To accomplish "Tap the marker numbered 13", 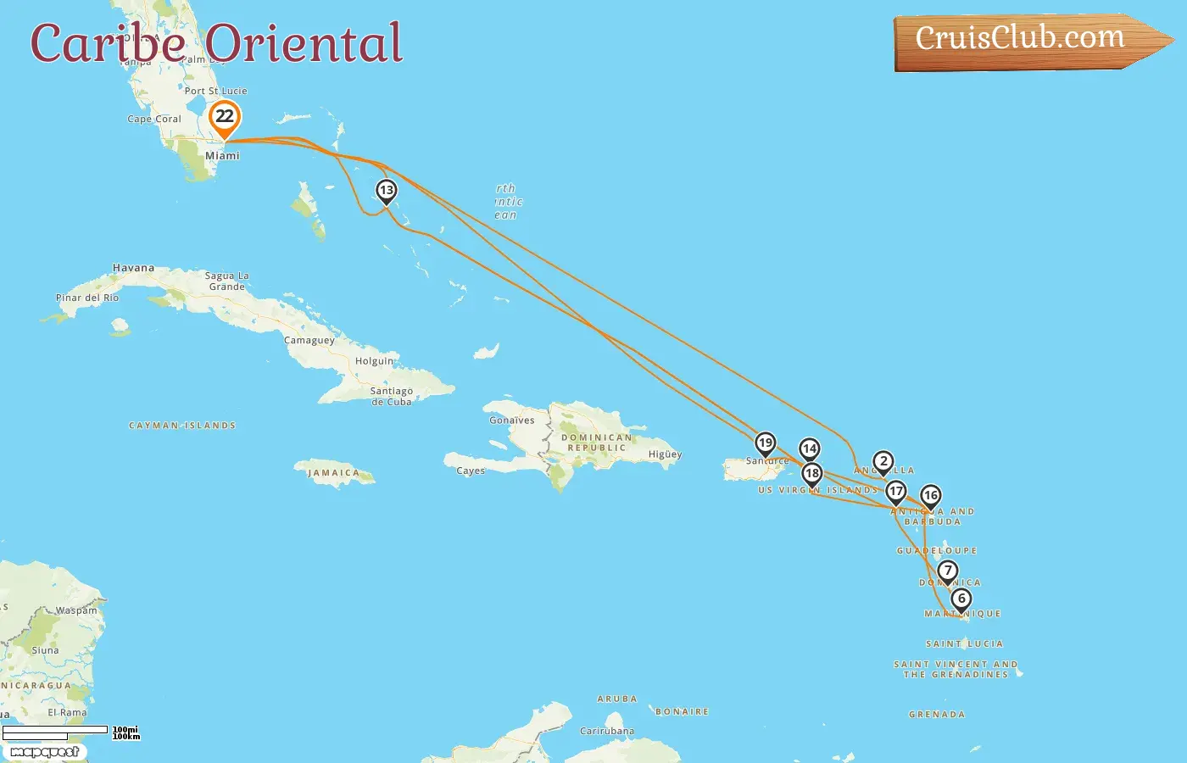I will (x=386, y=191).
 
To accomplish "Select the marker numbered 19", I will (x=766, y=443).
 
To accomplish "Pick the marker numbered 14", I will (x=810, y=449).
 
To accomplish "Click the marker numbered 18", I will (x=812, y=474).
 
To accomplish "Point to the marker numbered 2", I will (x=883, y=462).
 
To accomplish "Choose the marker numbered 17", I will (x=896, y=492).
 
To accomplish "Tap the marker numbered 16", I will (x=931, y=496).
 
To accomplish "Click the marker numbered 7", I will (x=948, y=571).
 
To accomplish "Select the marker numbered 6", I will (x=961, y=599).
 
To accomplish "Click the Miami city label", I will (x=222, y=156).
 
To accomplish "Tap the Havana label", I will (x=134, y=268).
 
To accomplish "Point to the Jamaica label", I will (x=333, y=473).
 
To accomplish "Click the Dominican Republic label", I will (x=597, y=443).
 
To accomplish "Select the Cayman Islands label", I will (x=182, y=426).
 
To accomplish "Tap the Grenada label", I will (x=937, y=715).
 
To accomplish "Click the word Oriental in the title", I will (x=304, y=44).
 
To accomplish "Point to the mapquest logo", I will (x=44, y=752).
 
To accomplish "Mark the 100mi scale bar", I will (x=56, y=730).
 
